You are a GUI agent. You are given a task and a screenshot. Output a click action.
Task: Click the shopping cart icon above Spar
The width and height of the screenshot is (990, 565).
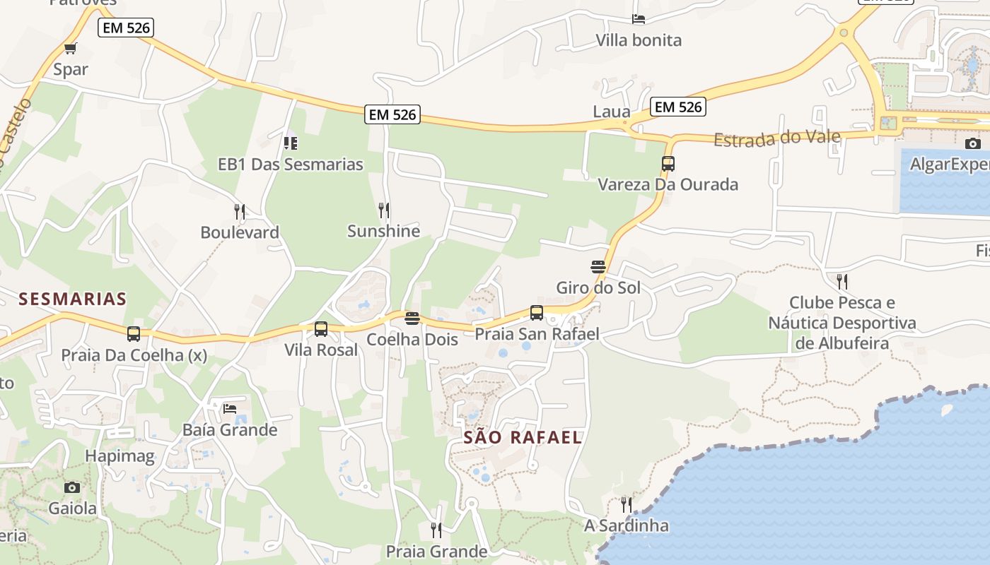coord(70,49)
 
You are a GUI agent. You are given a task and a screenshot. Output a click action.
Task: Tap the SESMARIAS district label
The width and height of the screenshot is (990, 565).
coord(73,299)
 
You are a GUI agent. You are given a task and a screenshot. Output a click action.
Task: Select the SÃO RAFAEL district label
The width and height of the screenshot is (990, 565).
coord(523,437)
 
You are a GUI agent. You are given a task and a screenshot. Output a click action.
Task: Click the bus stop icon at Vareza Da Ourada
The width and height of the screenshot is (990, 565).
coord(668,164)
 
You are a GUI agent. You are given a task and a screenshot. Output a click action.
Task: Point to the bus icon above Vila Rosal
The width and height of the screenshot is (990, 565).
coord(321,328)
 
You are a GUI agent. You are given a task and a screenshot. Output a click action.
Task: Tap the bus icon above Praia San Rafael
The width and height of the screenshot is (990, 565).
coord(537,312)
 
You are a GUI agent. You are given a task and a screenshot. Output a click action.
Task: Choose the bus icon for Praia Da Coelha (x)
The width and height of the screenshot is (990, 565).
coord(134,334)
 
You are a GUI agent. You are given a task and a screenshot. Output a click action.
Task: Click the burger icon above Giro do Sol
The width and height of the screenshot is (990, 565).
coord(598,267)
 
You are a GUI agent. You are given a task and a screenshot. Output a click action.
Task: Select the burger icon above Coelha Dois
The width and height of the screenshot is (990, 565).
coord(412,319)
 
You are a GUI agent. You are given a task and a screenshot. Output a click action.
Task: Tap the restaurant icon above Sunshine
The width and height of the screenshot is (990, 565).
coord(384,210)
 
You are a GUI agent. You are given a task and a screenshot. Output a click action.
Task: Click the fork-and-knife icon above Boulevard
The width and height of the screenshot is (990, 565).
coord(240,211)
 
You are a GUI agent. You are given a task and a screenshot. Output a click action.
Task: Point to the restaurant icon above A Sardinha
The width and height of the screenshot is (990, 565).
coord(627,504)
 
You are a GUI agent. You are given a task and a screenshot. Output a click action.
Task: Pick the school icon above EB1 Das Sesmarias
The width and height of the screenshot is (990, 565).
coord(291,143)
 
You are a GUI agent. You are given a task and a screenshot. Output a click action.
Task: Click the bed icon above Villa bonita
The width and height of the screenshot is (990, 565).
coord(639,19)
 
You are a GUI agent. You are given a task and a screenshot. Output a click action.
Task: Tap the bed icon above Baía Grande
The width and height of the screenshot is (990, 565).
coord(230,408)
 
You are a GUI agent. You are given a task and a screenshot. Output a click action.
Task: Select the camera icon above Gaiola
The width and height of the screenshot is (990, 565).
coord(72,487)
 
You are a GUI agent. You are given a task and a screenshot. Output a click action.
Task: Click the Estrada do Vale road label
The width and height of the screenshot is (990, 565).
coord(777,138)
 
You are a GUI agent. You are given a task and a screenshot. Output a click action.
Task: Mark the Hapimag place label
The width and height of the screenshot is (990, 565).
coord(120,456)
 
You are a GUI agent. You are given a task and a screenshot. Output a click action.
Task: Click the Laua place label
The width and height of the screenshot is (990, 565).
coord(611,112)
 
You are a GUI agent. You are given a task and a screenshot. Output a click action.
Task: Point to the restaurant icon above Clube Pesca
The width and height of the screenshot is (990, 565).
coord(841,281)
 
